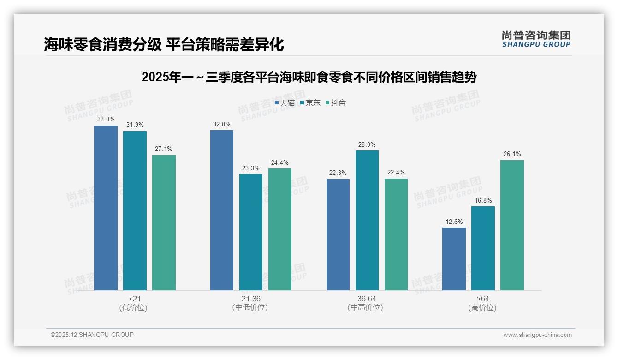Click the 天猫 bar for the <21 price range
[106, 208]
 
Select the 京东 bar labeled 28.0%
[367, 220]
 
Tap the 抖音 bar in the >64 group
[512, 225]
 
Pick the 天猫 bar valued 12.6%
[454, 259]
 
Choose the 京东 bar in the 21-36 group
[250, 232]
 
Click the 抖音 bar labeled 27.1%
[164, 222]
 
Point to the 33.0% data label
[106, 120]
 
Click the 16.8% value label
[483, 201]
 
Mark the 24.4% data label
[280, 163]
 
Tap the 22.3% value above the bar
[338, 173]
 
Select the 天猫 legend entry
[285, 103]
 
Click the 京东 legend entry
[310, 103]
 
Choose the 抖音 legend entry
[336, 103]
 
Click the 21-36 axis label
[250, 299]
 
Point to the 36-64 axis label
[367, 299]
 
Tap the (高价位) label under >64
[482, 308]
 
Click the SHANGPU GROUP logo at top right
[536, 39]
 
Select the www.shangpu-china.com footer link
[537, 335]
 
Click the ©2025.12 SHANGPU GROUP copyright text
[92, 335]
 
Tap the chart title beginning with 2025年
[309, 77]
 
